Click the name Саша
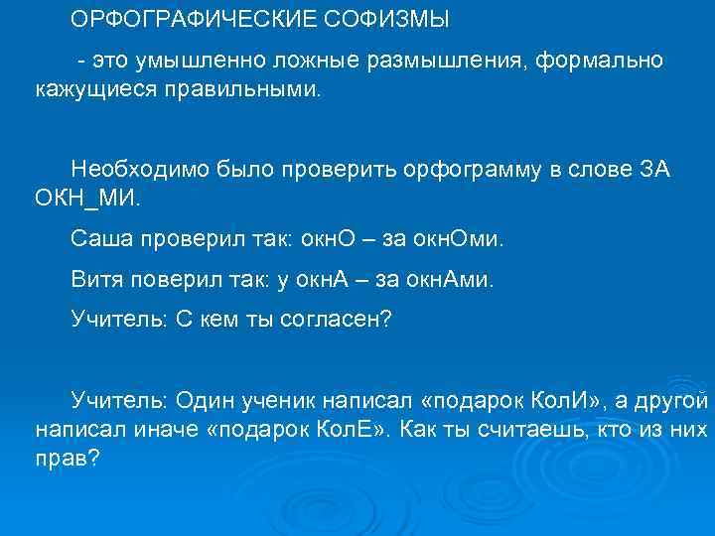pos(99,238)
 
